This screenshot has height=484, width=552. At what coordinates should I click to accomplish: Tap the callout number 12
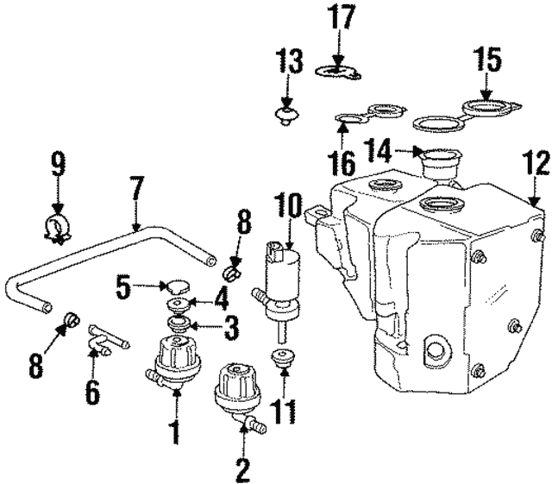click(x=536, y=163)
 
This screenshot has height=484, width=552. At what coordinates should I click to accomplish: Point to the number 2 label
click(x=242, y=470)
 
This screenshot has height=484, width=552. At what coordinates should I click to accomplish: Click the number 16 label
click(x=343, y=163)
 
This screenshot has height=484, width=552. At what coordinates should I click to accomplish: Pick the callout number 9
click(x=58, y=164)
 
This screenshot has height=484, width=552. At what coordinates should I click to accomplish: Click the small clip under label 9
click(x=58, y=229)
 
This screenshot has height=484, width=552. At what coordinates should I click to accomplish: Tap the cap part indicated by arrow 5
click(x=178, y=286)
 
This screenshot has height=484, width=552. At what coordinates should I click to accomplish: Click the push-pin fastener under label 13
click(x=287, y=116)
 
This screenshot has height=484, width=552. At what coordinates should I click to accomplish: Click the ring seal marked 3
click(x=179, y=324)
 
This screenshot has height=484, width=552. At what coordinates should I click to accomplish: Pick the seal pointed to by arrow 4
click(x=179, y=305)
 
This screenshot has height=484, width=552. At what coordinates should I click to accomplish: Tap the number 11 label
click(x=283, y=411)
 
